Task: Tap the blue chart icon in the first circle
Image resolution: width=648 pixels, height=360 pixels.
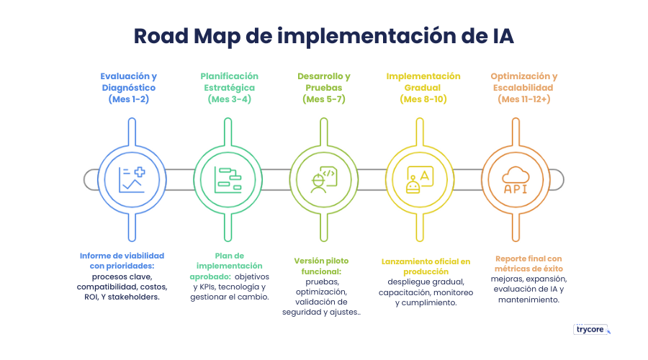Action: [132, 179]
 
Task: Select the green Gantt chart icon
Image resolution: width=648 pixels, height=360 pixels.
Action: [228, 179]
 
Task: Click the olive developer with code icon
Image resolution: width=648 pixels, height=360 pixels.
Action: [323, 179]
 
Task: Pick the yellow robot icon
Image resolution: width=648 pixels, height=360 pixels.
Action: [419, 179]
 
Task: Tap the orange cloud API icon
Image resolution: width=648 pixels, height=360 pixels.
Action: [515, 179]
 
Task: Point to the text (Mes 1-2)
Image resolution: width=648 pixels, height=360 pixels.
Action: [129, 99]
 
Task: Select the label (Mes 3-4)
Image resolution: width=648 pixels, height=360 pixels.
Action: [229, 99]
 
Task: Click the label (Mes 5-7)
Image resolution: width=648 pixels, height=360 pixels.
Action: [324, 99]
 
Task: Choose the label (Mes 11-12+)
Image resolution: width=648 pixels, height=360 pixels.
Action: [524, 99]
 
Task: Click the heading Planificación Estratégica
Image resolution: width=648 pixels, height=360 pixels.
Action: [229, 81]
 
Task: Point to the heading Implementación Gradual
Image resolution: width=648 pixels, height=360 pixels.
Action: [423, 81]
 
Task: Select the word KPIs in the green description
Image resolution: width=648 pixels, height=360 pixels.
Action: [207, 286]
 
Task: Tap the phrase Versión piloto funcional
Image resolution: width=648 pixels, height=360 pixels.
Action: [323, 266]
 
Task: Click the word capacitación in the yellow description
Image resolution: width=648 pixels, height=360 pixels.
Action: [405, 293]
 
